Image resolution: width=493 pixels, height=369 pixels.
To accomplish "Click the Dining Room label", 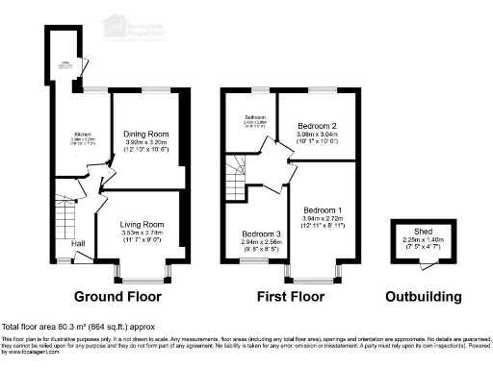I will pyautogui.click(x=145, y=135).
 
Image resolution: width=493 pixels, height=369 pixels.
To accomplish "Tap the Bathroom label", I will pyautogui.click(x=253, y=119).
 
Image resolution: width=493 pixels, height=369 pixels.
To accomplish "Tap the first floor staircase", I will pyautogui.click(x=237, y=178).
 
